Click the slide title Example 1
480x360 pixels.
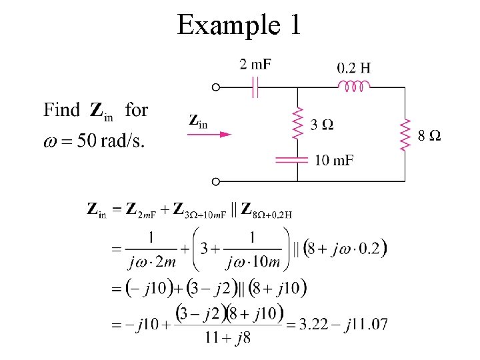[239, 25]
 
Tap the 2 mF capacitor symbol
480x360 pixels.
[255, 87]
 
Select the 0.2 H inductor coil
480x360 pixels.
[354, 86]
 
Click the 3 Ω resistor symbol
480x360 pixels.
[297, 125]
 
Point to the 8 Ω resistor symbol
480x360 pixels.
[405, 135]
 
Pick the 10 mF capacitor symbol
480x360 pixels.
[297, 160]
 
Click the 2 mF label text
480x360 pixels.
[255, 64]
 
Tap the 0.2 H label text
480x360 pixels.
[354, 67]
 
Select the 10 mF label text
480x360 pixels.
[334, 160]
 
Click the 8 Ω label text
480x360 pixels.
[429, 136]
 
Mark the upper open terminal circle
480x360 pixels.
[215, 87]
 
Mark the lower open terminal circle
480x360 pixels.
[215, 181]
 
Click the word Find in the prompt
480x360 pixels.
[61, 110]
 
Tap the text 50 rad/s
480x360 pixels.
[110, 141]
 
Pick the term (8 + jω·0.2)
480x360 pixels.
[345, 249]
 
